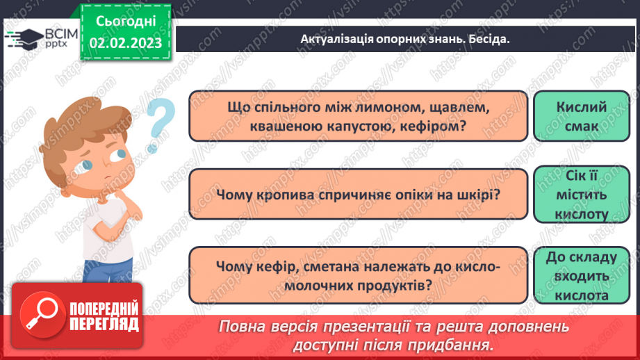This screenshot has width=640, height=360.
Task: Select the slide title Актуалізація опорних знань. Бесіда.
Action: coord(405,39)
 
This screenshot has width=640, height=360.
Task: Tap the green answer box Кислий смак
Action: coord(582,116)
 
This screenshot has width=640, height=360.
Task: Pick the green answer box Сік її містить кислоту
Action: coord(582,196)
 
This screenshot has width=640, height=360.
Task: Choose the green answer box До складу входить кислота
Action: coord(582,277)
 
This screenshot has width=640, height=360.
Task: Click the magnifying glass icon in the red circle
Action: coord(38,315)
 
